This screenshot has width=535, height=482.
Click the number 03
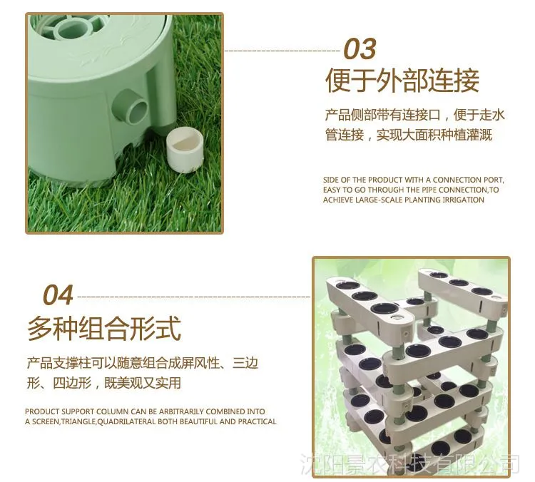(x=360, y=48)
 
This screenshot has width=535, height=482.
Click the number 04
(x=58, y=294)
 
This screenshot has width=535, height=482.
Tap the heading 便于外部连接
(x=402, y=81)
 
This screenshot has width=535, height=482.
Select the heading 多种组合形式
(x=104, y=328)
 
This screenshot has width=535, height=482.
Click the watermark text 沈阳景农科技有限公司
(x=409, y=464)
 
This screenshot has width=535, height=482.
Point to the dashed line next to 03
(x=282, y=51)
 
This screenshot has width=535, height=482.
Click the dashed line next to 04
(x=193, y=297)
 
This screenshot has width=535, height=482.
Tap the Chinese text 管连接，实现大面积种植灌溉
(x=409, y=135)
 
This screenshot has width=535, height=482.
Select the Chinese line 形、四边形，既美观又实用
(x=103, y=383)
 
